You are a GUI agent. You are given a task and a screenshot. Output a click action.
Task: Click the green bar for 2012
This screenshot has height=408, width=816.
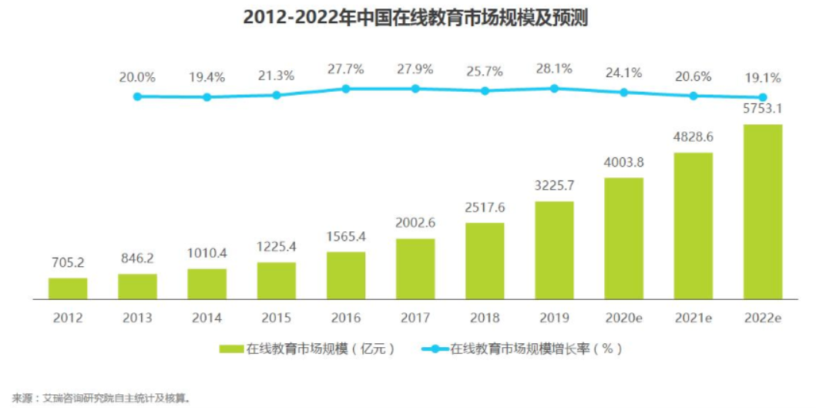coord(68,288)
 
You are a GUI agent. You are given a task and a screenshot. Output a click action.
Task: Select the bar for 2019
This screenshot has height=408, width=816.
coord(554,250)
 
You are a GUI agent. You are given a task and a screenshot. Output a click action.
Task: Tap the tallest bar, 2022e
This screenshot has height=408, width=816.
coord(763,211)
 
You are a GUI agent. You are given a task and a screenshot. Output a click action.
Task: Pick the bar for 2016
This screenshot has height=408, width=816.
coord(346,275)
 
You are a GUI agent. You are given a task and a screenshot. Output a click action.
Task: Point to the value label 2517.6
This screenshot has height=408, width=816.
coord(485,207)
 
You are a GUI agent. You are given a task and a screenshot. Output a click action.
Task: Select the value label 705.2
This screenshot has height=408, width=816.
coord(68,262)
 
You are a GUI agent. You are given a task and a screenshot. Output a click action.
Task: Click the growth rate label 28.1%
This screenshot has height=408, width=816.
coord(554,69)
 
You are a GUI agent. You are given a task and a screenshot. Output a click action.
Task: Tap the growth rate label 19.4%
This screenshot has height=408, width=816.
coord(207,77)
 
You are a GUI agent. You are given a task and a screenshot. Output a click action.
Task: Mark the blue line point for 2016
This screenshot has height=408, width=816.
coord(346,89)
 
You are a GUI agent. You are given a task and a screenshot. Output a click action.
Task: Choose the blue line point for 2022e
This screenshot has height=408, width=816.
coord(763,97)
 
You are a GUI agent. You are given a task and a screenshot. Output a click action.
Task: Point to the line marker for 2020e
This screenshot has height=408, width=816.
coord(623,92)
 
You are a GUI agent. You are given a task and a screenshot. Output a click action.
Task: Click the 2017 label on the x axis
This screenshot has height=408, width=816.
coord(415,317)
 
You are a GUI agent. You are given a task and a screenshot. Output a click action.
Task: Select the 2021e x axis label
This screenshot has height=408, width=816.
coord(693,317)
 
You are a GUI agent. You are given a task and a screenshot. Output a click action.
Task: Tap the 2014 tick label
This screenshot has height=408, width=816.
coord(207,317)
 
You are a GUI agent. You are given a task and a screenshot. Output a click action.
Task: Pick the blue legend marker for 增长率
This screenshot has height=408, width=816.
coord(435,349)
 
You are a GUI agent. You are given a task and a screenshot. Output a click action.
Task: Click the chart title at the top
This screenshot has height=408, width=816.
coord(415,17)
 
